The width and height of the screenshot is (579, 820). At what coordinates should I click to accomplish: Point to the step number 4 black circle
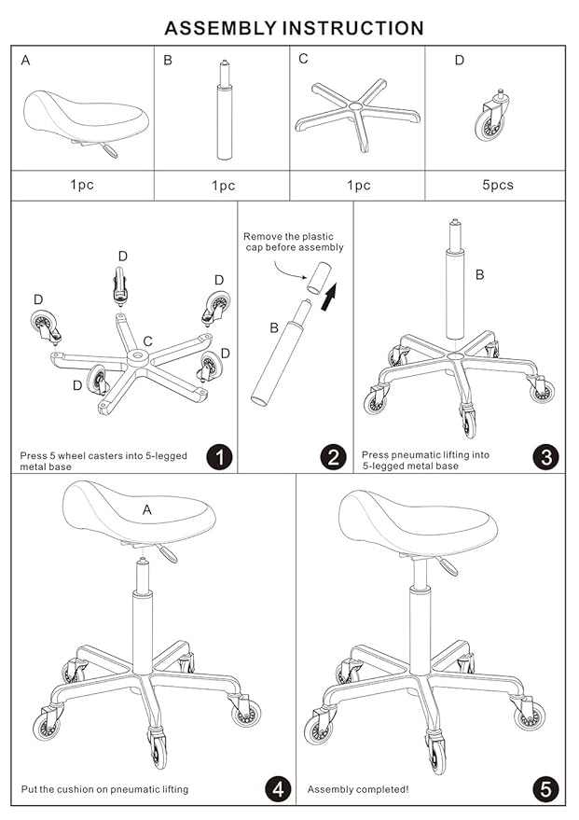[276, 788]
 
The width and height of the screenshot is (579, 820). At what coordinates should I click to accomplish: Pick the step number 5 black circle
[546, 788]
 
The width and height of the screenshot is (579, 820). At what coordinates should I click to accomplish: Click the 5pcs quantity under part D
[497, 185]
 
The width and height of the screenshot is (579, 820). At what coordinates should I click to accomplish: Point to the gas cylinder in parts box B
[223, 117]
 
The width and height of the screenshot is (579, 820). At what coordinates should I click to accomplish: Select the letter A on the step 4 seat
[147, 509]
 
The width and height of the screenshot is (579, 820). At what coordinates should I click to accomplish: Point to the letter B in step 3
[479, 274]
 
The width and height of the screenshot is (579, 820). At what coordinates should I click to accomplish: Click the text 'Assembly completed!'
[357, 789]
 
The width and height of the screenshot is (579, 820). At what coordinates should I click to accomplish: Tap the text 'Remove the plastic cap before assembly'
[293, 242]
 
